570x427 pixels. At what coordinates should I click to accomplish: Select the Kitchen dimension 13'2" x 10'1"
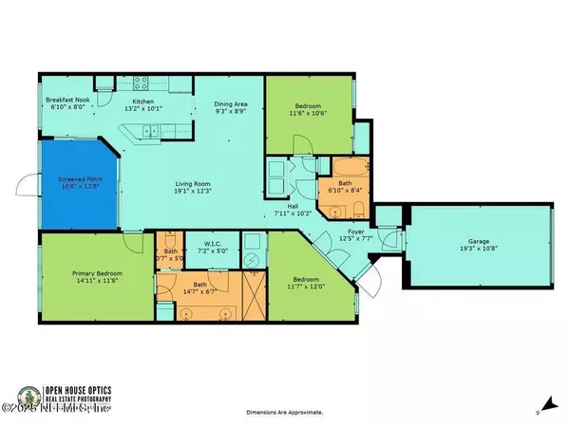(142, 107)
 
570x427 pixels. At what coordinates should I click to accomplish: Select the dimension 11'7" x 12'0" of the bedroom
(307, 287)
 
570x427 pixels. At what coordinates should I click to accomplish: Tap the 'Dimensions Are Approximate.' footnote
(285, 413)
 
